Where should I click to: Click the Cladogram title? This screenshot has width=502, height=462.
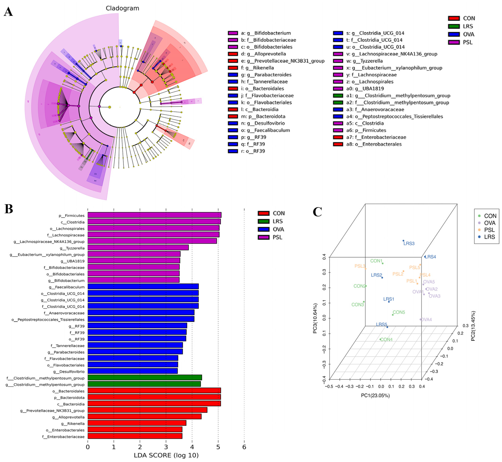tap(122, 8)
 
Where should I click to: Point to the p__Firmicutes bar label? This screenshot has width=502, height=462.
tap(72, 216)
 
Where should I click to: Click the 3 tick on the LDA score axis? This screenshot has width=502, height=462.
tap(166, 447)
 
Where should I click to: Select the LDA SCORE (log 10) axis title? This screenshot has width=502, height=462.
tap(166, 455)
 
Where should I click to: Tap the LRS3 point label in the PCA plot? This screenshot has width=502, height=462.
tap(409, 244)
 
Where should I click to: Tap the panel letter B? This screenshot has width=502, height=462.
tap(9, 209)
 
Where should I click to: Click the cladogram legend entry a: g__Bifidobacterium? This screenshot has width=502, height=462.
tap(266, 33)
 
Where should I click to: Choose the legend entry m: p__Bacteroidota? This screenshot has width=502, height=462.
tap(263, 116)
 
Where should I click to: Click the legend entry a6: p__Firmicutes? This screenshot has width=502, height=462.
tap(366, 130)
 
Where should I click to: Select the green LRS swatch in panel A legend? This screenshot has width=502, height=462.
tap(454, 26)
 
